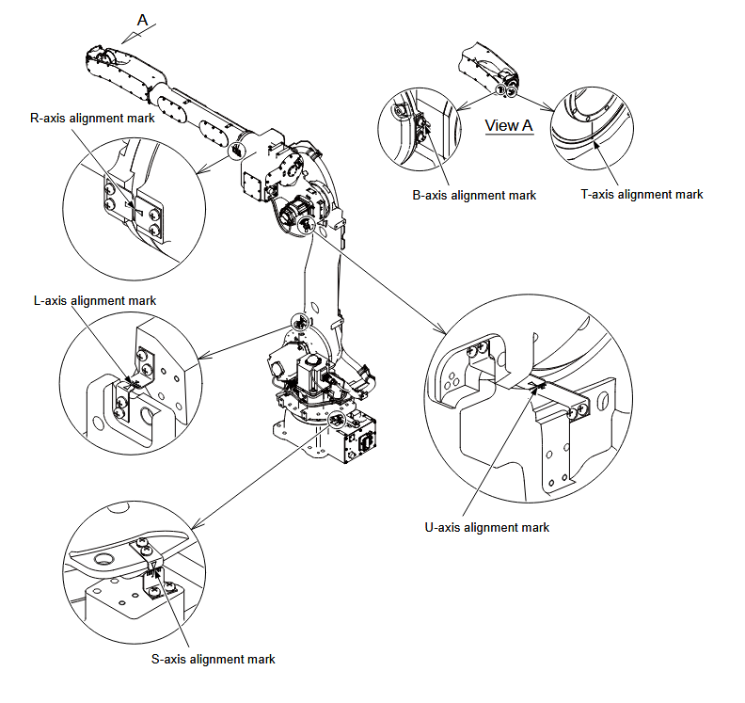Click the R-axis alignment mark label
93,119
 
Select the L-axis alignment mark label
94,300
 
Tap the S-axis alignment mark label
214,660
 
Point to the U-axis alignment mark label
487,528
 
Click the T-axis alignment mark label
642,195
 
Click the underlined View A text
509,125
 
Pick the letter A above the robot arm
143,19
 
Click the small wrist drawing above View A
488,71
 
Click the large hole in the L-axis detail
148,411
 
